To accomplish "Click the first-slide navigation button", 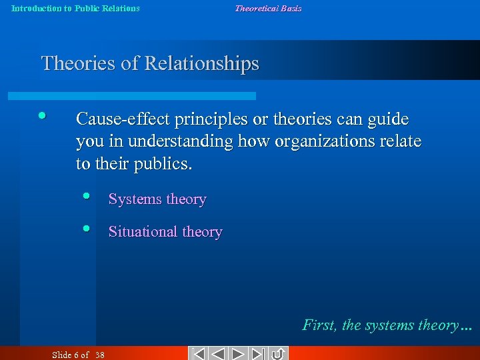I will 197,353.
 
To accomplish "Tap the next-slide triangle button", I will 239,353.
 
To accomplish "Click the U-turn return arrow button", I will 279,353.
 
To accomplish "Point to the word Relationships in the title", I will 202,64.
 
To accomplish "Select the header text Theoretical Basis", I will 268,9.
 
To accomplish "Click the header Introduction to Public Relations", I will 75,9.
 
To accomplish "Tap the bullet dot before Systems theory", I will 87,196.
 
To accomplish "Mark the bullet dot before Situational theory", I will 87,229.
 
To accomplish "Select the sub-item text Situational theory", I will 165,232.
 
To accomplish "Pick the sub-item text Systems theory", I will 157,199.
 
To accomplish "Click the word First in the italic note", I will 319,325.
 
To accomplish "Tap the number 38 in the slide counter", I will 100,355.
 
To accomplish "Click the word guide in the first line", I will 390,119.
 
